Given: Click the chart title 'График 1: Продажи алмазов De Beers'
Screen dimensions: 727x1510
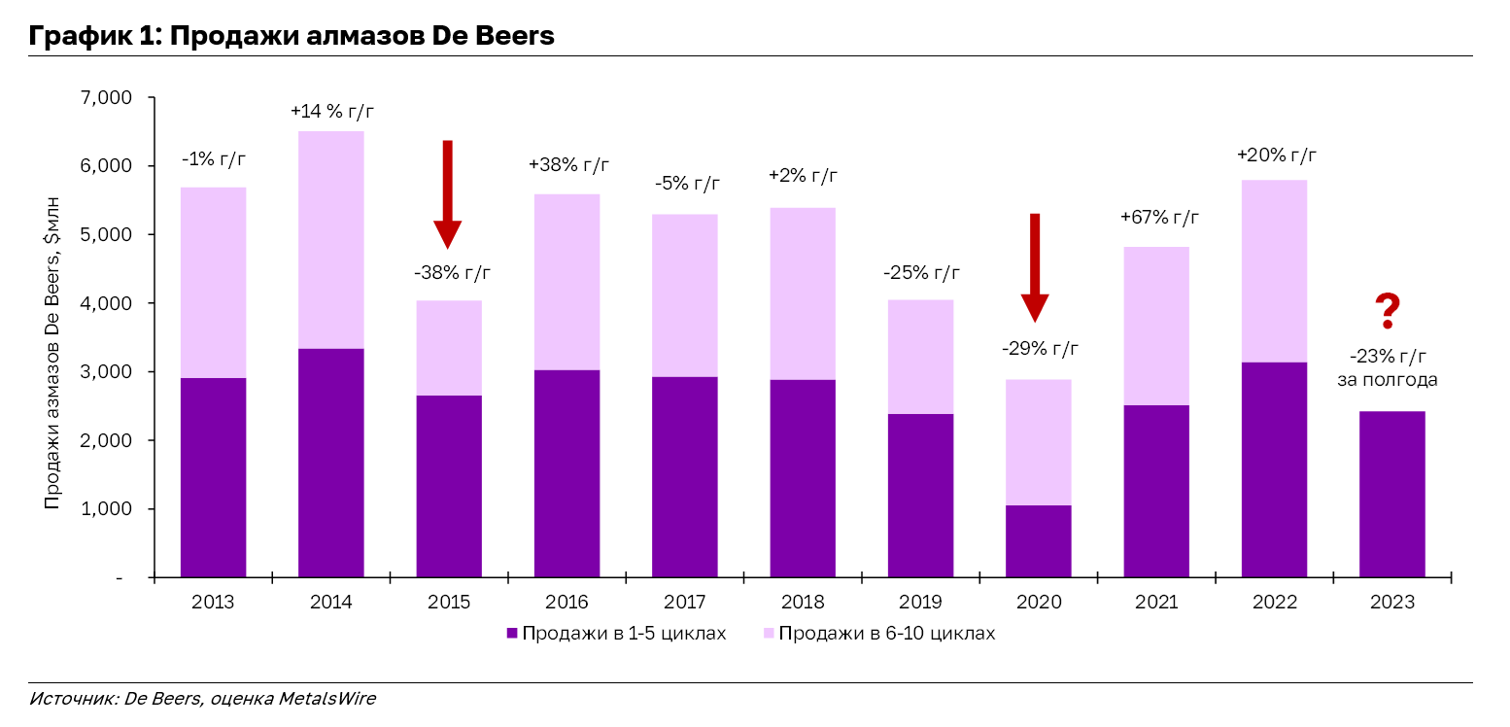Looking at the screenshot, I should (292, 36).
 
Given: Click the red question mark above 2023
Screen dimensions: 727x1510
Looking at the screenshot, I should (1388, 311).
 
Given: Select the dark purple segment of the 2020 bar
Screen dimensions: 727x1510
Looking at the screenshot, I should (1038, 541).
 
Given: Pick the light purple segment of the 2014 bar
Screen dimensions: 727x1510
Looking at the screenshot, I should (331, 239).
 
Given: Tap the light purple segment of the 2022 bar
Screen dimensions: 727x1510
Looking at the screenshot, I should (1274, 270).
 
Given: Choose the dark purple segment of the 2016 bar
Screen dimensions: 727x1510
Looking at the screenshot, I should (566, 473).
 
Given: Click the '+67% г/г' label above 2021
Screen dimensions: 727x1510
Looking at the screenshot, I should (1156, 219).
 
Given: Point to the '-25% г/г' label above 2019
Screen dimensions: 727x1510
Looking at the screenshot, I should (921, 272).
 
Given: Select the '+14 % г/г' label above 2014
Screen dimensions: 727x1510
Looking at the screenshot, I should (331, 112).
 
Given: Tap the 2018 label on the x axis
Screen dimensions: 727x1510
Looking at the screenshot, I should (803, 603).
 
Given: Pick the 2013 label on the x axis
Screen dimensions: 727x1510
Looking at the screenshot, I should (213, 603).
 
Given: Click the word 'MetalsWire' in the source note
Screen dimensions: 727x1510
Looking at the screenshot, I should (326, 698).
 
